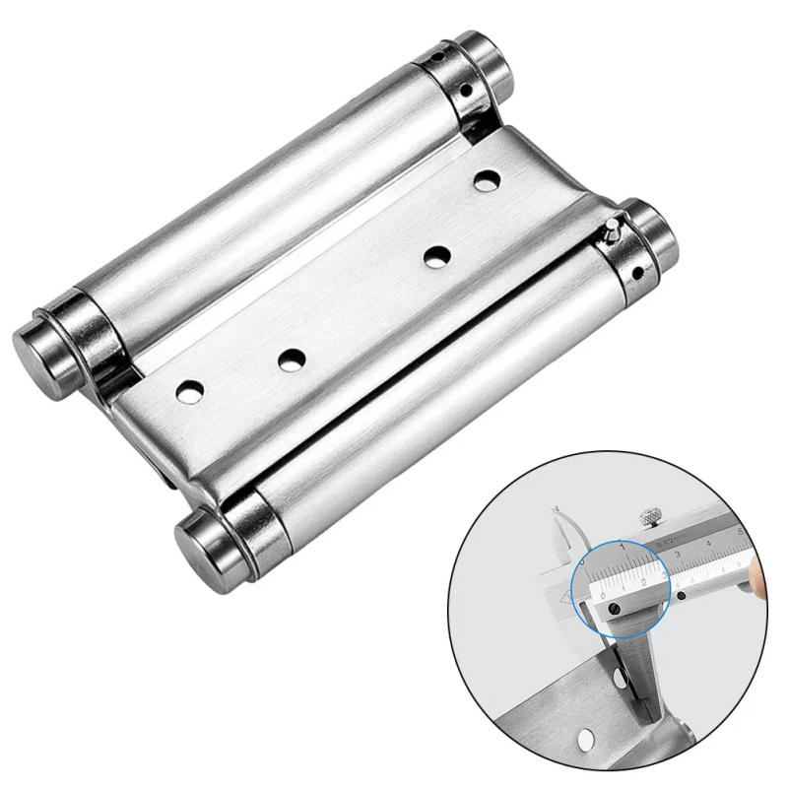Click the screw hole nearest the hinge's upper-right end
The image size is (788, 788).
click(486, 181)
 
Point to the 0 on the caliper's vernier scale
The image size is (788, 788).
click(604, 597)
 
